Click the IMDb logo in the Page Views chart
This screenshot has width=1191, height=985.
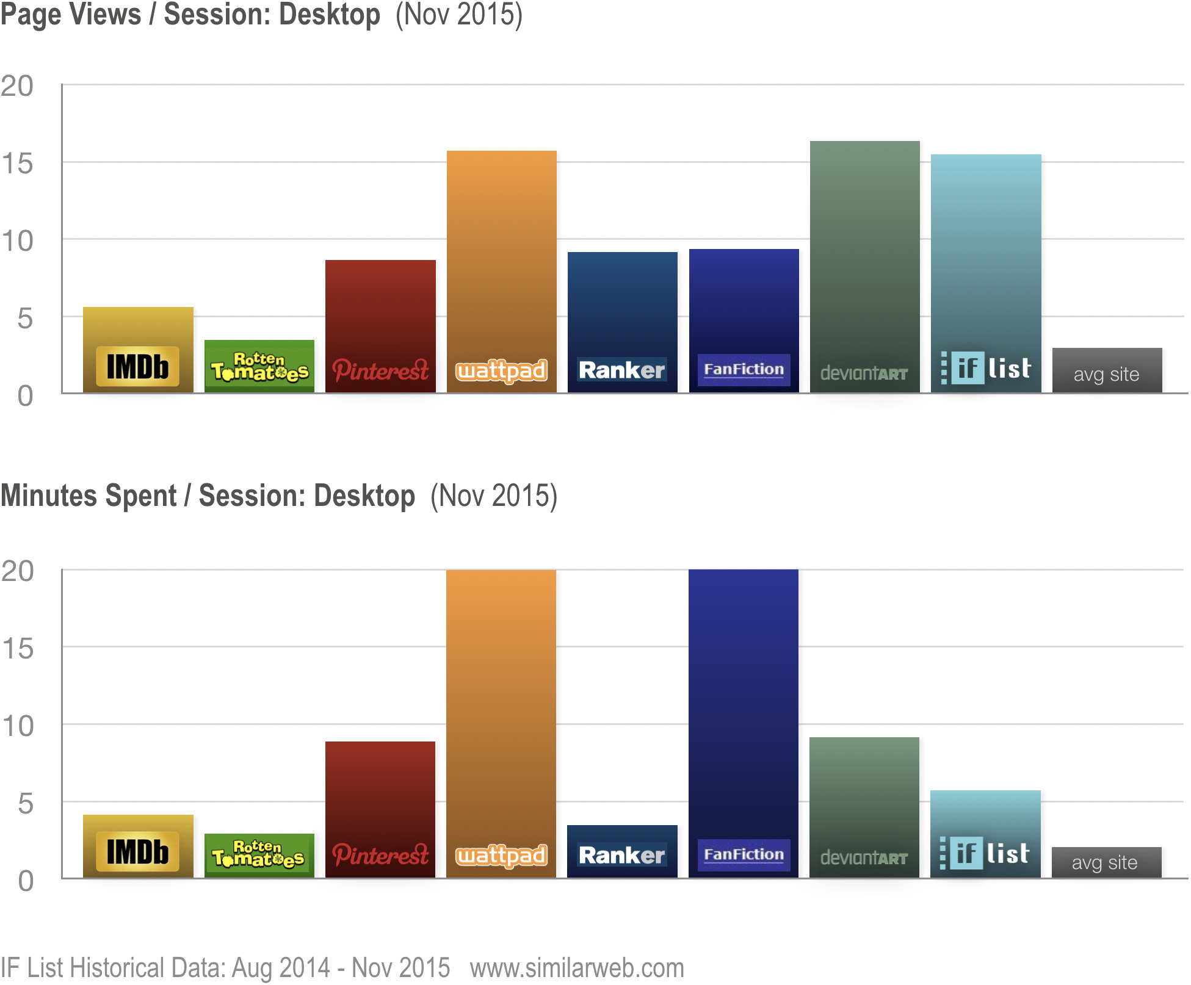click(138, 367)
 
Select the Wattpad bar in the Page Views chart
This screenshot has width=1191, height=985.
click(501, 256)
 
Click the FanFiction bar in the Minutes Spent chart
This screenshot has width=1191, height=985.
click(743, 702)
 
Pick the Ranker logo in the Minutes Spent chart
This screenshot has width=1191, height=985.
click(621, 855)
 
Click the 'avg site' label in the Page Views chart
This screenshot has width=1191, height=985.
click(1106, 374)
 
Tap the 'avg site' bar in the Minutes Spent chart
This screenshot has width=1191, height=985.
click(1106, 862)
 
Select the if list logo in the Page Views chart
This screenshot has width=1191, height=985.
click(986, 368)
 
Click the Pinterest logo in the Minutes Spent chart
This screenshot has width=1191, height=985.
click(380, 855)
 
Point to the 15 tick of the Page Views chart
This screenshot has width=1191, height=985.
click(17, 164)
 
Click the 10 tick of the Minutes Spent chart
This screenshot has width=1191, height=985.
click(17, 726)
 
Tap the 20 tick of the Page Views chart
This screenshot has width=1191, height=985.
click(17, 86)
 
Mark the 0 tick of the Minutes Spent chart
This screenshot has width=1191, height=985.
click(26, 881)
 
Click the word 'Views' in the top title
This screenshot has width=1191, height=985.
click(106, 14)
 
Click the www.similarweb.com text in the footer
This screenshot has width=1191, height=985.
click(577, 968)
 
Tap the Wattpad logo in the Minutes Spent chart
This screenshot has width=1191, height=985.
click(501, 856)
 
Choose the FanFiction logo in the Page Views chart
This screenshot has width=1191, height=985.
click(744, 369)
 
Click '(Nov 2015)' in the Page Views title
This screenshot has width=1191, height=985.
click(459, 14)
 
